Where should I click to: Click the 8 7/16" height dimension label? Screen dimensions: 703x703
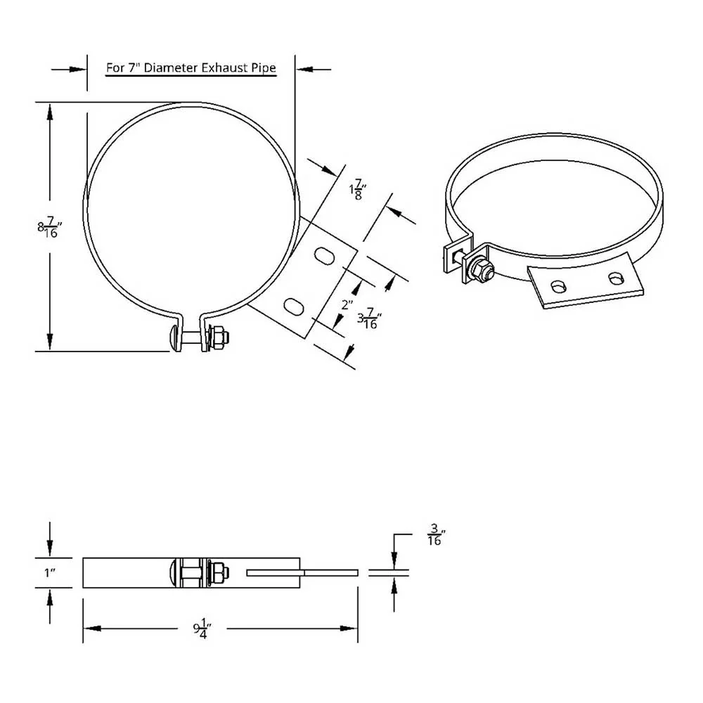49,227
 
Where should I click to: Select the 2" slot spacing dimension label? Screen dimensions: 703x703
347,305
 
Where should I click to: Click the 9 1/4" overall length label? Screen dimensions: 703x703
202,628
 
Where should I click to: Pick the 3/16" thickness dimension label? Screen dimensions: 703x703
437,534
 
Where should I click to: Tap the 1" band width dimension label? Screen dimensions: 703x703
49,572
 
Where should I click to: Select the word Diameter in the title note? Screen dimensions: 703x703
171,67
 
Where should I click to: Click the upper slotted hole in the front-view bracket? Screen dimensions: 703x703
324,255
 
